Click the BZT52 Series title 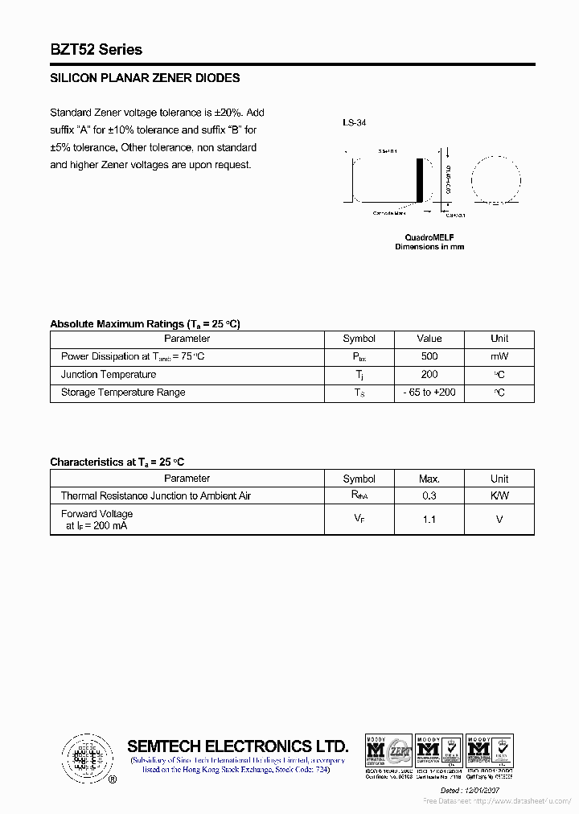[x=96, y=50]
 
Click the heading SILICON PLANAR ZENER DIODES [x=145, y=78]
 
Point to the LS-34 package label [x=354, y=123]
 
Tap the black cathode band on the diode [x=419, y=183]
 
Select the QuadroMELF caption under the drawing [x=429, y=237]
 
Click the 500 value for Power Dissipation [x=429, y=356]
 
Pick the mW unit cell [x=499, y=356]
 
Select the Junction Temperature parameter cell [x=109, y=375]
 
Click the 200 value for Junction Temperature [x=429, y=375]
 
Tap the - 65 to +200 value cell [x=429, y=393]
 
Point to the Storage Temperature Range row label [x=123, y=393]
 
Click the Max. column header [x=429, y=479]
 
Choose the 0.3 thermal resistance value [x=429, y=496]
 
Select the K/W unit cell [x=499, y=496]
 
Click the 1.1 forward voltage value [x=429, y=520]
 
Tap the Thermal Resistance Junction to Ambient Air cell [x=156, y=496]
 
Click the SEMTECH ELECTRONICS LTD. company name [x=238, y=746]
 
